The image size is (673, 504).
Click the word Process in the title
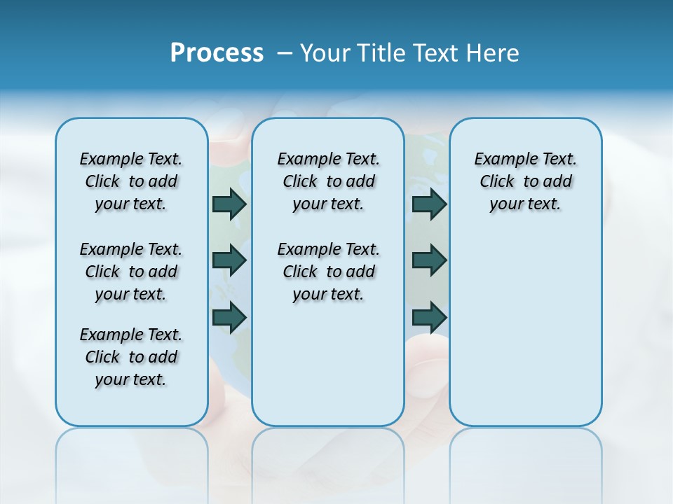(x=217, y=53)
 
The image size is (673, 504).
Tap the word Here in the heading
(x=494, y=53)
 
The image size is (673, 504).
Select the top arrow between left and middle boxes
(x=229, y=204)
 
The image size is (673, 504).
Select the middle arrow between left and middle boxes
(x=229, y=260)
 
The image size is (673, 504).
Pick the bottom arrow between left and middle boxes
(x=229, y=317)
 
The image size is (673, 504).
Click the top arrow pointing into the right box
(x=429, y=204)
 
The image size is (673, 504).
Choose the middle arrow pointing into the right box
(x=429, y=260)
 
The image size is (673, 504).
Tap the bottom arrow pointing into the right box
(x=429, y=317)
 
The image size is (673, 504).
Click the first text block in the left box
(x=131, y=181)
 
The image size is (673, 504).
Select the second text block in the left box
(x=131, y=272)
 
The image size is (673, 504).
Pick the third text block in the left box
(x=131, y=357)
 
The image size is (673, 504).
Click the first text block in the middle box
(x=328, y=181)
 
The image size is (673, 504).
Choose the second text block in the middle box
(x=328, y=272)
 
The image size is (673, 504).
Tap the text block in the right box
(x=526, y=181)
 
